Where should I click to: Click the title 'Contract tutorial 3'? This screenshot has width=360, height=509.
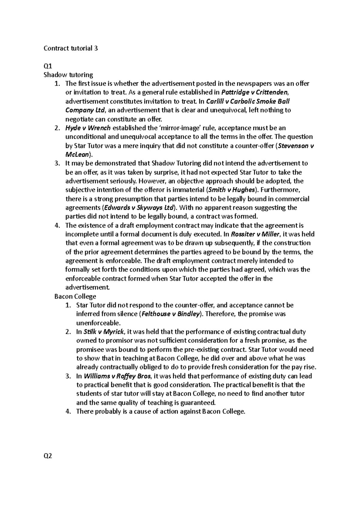70,48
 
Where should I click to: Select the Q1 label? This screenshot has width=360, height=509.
48,66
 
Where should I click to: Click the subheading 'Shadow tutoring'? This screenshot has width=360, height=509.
68,75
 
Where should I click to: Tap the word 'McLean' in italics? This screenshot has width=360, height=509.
77,155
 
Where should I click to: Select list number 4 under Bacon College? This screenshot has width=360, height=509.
68,412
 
